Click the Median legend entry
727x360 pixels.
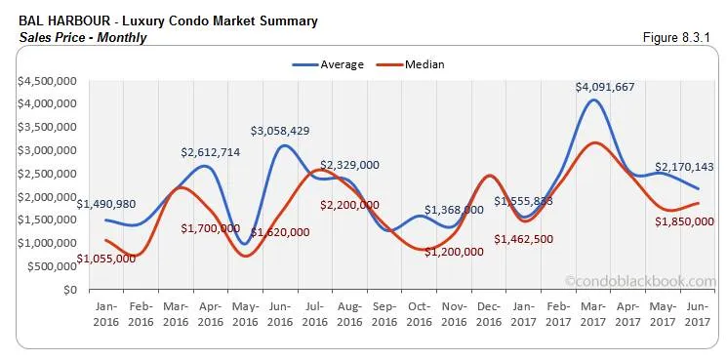coord(412,64)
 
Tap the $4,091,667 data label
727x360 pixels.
coord(605,87)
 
